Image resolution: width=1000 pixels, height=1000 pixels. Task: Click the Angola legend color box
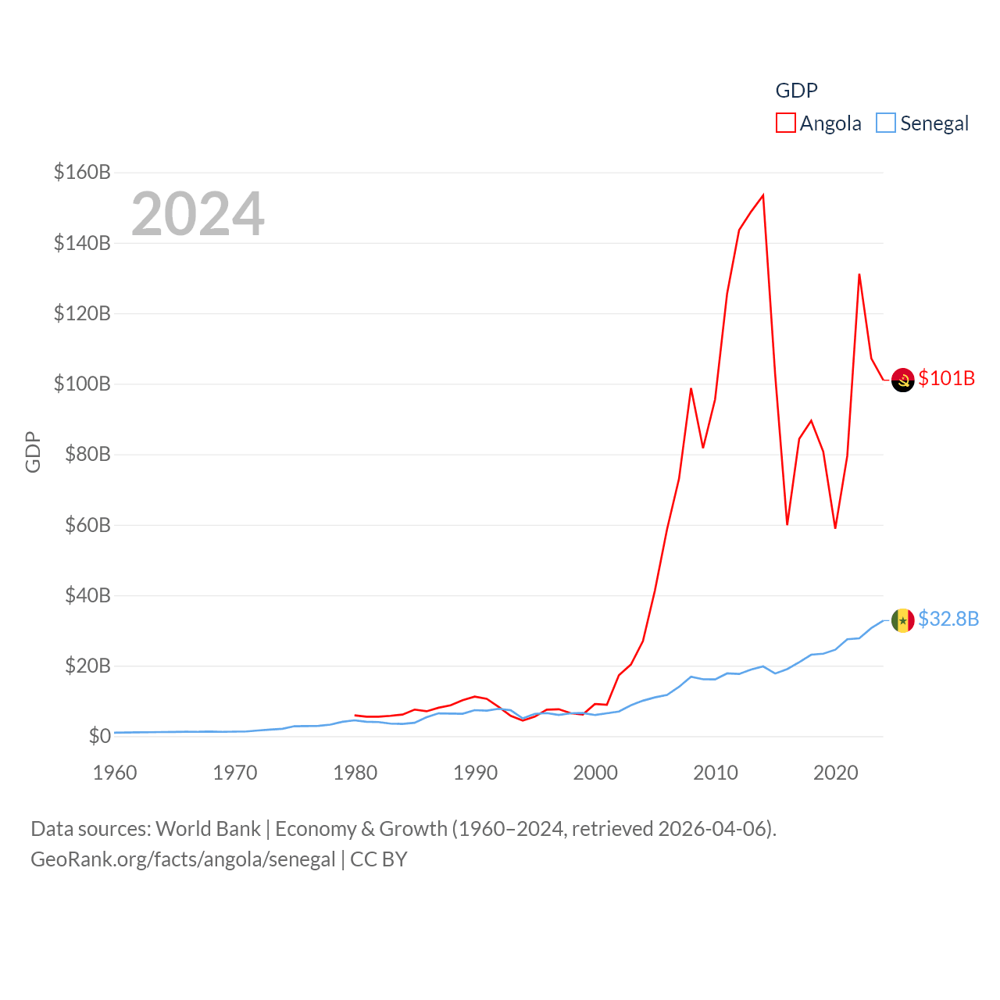[x=785, y=123]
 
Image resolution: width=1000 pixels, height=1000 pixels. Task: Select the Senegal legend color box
[x=885, y=123]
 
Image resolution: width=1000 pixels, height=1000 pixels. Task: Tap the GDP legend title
[x=796, y=91]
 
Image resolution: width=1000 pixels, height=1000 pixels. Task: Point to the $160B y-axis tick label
[x=82, y=172]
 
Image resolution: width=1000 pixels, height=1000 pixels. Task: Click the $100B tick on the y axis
[x=82, y=384]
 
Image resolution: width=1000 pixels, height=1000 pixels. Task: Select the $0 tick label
[x=99, y=736]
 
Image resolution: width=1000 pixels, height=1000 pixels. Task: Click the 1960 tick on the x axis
[x=115, y=773]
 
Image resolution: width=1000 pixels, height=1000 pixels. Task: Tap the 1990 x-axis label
[x=475, y=773]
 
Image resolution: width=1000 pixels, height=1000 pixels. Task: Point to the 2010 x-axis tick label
[x=716, y=773]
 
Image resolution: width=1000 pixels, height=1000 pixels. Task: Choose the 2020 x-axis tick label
[x=836, y=773]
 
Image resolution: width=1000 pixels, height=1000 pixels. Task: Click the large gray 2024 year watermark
[x=198, y=214]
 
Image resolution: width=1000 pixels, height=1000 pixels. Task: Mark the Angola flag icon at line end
[x=902, y=380]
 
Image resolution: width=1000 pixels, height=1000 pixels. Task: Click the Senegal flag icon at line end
[x=902, y=620]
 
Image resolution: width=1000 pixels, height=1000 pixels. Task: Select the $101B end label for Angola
[x=946, y=378]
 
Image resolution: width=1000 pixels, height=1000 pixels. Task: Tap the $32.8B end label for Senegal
[x=948, y=619]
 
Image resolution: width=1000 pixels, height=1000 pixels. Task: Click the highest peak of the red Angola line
[x=763, y=195]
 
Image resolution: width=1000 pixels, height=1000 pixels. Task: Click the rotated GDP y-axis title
[x=33, y=452]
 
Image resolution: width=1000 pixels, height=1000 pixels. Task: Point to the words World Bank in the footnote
[x=208, y=828]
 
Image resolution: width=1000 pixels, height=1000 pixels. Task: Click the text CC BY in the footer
[x=379, y=859]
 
